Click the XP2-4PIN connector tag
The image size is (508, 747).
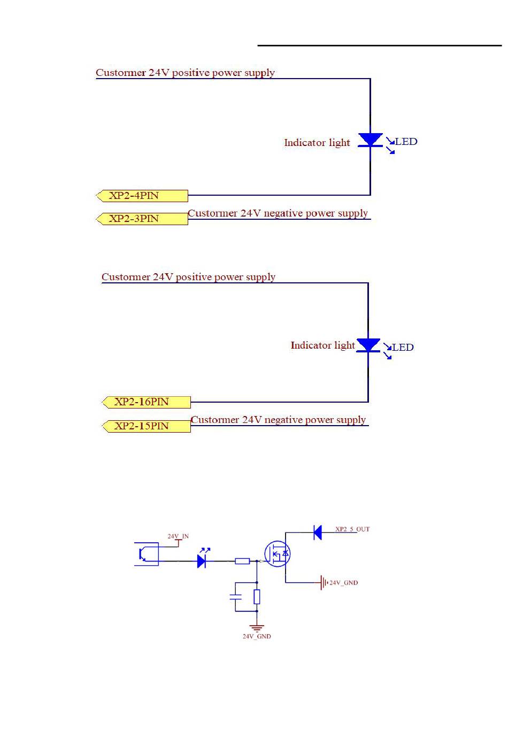pyautogui.click(x=142, y=196)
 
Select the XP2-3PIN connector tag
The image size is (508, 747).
pyautogui.click(x=142, y=219)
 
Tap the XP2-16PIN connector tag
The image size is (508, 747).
pyautogui.click(x=147, y=402)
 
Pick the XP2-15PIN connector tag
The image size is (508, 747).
pyautogui.click(x=147, y=426)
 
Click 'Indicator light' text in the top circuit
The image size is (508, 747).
pyautogui.click(x=317, y=143)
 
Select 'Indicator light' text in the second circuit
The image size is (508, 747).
pyautogui.click(x=322, y=345)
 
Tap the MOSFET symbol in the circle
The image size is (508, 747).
pyautogui.click(x=277, y=554)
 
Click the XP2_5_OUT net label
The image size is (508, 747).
pyautogui.click(x=352, y=529)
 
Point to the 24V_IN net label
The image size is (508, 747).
pyautogui.click(x=178, y=536)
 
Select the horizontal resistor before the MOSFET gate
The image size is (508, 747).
pyautogui.click(x=242, y=561)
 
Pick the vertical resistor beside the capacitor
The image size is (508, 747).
pyautogui.click(x=257, y=597)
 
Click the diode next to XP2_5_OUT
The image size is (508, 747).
pyautogui.click(x=317, y=532)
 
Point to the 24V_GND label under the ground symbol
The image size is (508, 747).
pyautogui.click(x=257, y=637)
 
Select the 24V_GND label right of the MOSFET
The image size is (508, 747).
pyautogui.click(x=343, y=583)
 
